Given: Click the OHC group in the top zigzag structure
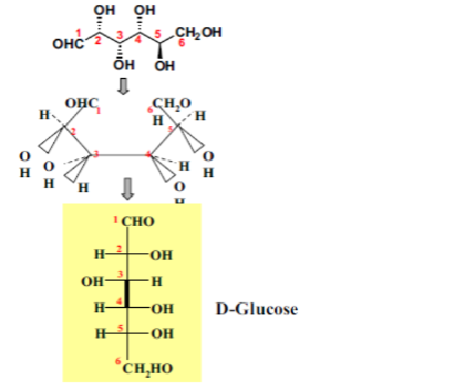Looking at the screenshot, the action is coord(67,44).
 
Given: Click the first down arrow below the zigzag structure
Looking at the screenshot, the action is coord(123,86).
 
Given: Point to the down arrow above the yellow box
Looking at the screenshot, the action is coord(128,188).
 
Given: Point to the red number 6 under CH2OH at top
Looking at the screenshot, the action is coord(182,44).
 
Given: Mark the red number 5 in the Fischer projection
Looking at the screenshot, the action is coord(121,328).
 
